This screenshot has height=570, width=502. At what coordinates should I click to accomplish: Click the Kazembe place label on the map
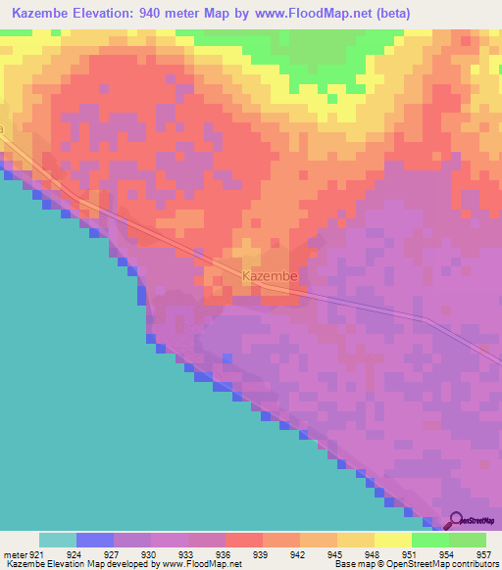tap(269, 277)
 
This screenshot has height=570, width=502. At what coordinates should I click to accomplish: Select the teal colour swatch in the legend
tap(58, 540)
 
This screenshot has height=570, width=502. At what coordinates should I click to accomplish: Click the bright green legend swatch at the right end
tap(468, 540)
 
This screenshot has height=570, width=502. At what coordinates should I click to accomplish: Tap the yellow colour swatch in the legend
tap(393, 540)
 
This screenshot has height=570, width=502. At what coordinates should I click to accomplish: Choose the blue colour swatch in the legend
tap(95, 540)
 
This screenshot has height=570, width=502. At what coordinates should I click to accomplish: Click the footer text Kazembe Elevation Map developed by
tap(78, 564)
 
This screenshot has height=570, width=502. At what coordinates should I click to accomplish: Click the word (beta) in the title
tap(391, 14)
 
